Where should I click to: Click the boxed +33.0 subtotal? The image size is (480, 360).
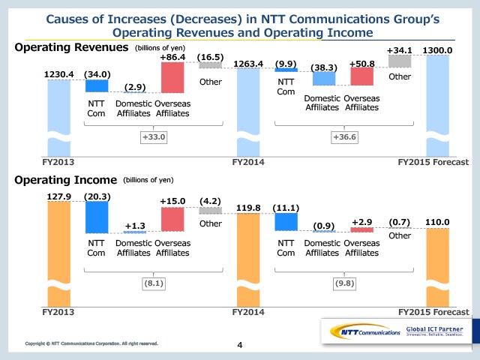point(155,137)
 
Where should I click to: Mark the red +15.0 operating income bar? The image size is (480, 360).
point(172,218)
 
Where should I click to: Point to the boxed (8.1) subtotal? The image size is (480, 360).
point(155,283)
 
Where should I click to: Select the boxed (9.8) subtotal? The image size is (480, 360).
point(345,283)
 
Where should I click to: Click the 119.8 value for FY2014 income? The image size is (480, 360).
point(250,207)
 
